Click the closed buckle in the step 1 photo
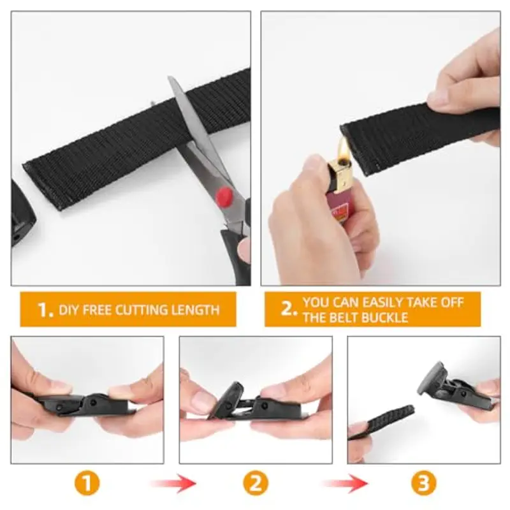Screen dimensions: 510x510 click(86, 404)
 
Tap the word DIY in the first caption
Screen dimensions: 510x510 click(69, 310)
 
